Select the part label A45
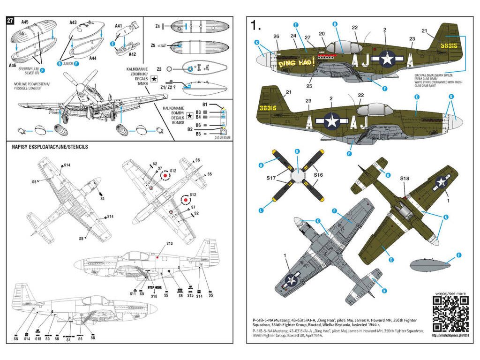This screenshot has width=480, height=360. point(25,22)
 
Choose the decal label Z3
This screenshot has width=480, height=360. point(159,69)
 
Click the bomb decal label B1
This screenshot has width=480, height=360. point(204,104)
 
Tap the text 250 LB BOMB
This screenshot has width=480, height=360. point(224,138)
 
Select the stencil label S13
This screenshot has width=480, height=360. point(169,244)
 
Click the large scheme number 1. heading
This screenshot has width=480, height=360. point(256,25)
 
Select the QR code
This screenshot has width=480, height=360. point(450,314)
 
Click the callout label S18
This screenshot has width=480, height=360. point(405,178)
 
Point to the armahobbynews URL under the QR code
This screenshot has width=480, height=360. point(450,335)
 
